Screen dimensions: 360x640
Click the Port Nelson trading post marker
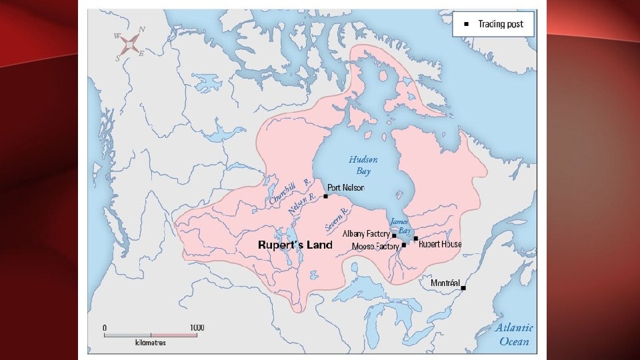[x=325, y=196]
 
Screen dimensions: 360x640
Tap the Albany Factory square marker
[x=394, y=235]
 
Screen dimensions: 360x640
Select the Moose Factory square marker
[x=404, y=245]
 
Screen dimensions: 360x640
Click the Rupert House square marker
[x=416, y=238]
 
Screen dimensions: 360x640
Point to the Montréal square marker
[x=463, y=288]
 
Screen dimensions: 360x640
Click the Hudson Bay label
[x=363, y=165]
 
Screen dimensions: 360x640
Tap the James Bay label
[x=399, y=225]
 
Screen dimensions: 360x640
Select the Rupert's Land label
[x=295, y=245]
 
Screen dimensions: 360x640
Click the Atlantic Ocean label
[x=514, y=334]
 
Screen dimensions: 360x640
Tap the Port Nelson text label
[x=346, y=188]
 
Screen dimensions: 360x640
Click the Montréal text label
[x=445, y=283]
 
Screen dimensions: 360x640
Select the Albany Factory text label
[x=366, y=235]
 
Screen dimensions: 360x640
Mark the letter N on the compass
[x=142, y=30]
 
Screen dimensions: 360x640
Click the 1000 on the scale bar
[x=197, y=327]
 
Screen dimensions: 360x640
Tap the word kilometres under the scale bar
[x=151, y=343]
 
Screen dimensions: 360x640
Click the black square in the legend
[x=467, y=24]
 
